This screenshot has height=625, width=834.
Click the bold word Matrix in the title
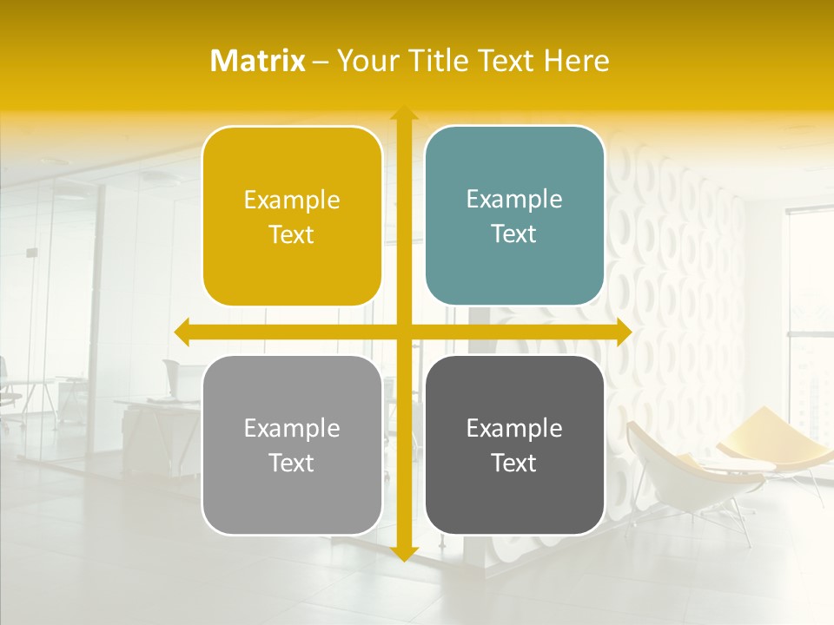tap(258, 61)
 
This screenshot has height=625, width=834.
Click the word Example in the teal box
tap(514, 200)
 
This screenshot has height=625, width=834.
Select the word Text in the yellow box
tap(292, 235)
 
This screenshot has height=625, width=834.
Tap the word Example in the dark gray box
tap(514, 428)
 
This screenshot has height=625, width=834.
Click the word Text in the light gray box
tap(292, 463)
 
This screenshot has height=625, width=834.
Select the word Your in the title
tap(366, 61)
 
